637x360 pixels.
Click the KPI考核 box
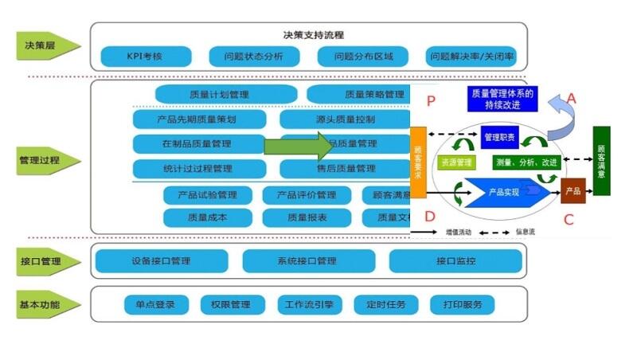147,57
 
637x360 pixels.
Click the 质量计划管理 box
220,94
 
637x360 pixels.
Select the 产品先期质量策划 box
197,119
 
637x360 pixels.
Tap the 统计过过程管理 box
197,168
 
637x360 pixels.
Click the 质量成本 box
207,217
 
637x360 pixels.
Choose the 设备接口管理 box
161,260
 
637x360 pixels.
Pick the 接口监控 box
455,260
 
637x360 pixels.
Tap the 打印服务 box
462,304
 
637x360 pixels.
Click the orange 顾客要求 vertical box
419,162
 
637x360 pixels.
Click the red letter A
571,98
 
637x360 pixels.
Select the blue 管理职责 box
500,137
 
